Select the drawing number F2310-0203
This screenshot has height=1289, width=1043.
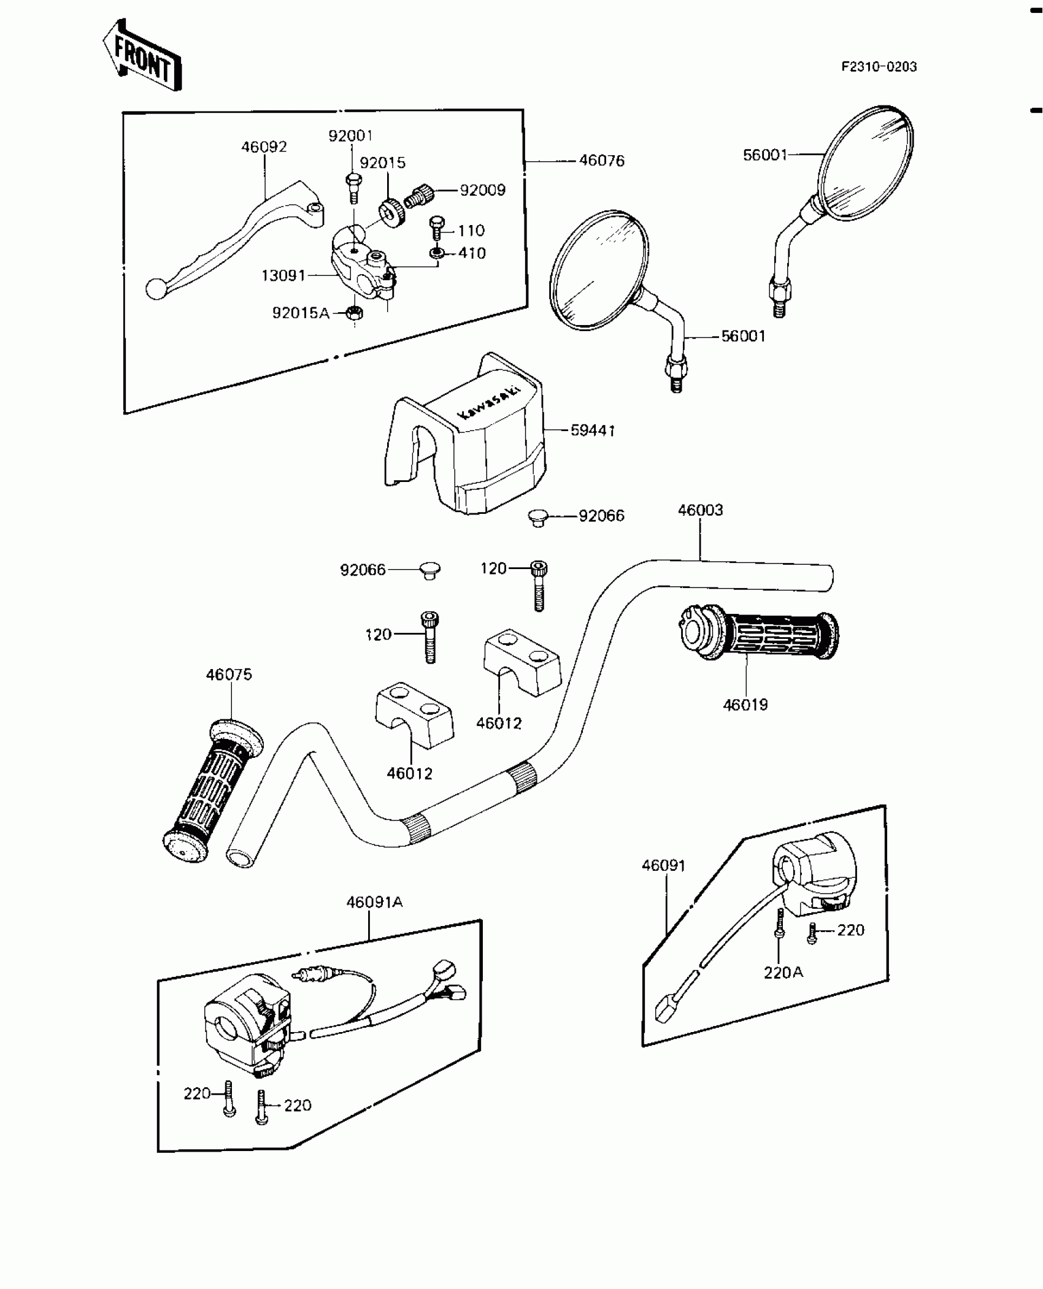coord(879,67)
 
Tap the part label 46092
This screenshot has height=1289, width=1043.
coord(264,147)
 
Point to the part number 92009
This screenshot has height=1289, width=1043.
coord(483,190)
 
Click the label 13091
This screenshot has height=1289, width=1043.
coord(283,276)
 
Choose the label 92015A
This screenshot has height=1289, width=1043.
coord(301,313)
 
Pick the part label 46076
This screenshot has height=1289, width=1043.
coord(601,161)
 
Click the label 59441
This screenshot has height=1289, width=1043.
coord(593,430)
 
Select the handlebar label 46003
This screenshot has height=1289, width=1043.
coord(700,510)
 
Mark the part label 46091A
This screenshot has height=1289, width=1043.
coord(374,902)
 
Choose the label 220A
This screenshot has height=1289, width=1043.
coord(783,973)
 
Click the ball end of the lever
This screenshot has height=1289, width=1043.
coord(156,289)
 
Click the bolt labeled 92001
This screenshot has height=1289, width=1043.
coord(353,186)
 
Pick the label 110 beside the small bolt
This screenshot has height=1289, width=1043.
coord(471,231)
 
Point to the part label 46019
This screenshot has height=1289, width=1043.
coord(745,705)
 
